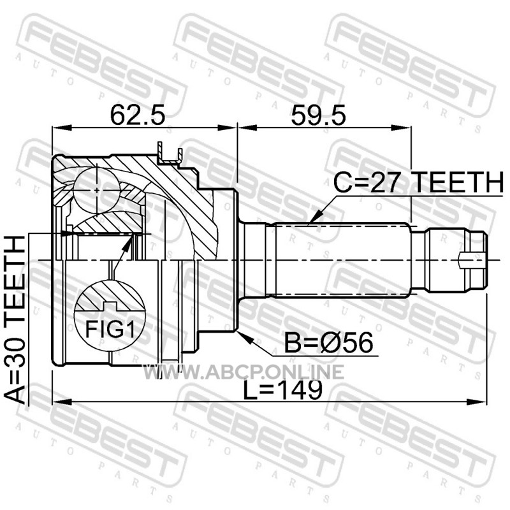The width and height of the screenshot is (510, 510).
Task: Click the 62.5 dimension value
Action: click(x=138, y=115)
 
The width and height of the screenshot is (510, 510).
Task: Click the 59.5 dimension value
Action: click(x=318, y=115)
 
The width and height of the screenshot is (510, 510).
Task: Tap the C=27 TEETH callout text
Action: click(x=419, y=182)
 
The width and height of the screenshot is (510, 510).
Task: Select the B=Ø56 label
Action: click(x=328, y=342)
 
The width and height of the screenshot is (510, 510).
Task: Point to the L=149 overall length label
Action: click(x=283, y=390)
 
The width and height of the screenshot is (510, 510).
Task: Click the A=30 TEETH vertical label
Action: click(x=15, y=321)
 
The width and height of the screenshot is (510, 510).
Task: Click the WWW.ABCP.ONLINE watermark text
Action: click(x=244, y=372)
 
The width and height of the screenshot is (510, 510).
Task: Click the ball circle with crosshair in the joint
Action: click(x=97, y=190)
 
